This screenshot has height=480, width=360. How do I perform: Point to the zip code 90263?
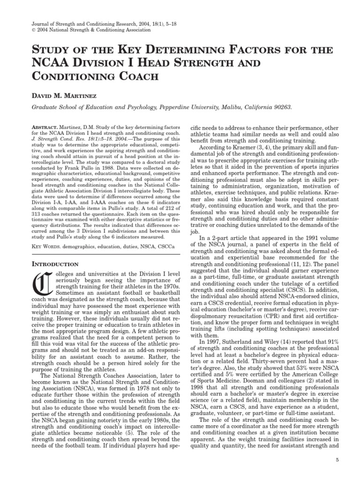(x=280, y=107)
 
